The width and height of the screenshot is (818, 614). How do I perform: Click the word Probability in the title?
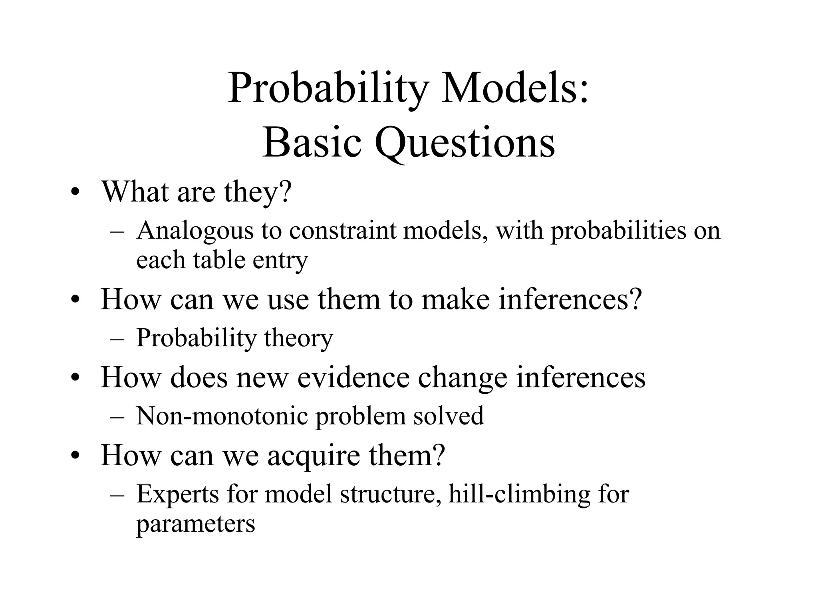tap(328, 89)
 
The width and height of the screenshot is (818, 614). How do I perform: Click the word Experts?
tap(178, 494)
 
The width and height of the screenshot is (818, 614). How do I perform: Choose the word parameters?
tap(195, 524)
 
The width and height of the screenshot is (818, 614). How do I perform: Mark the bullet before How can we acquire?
tap(74, 456)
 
